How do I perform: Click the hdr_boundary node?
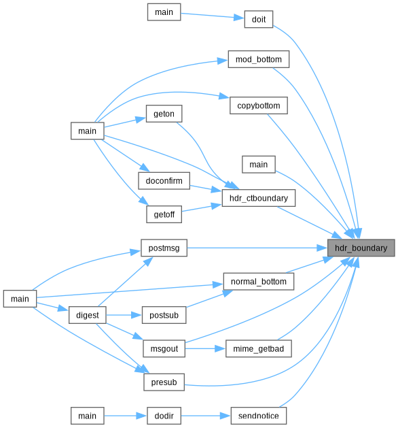point(361,248)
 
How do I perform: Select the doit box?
point(259,19)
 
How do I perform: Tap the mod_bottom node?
point(259,59)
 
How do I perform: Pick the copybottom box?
point(259,105)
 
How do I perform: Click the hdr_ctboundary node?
point(259,198)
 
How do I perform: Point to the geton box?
point(164,114)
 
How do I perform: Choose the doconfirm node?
point(164,181)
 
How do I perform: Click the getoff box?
point(164,214)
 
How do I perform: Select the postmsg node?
point(164,248)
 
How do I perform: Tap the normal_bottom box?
point(259,282)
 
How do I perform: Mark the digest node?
point(88,315)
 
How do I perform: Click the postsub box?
point(164,315)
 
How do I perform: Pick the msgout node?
point(164,348)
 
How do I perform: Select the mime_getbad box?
point(259,348)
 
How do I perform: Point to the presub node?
point(164,382)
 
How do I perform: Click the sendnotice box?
point(259,416)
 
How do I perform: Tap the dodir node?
point(164,416)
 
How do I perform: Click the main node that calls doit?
point(164,12)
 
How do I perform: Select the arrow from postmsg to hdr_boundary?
point(257,248)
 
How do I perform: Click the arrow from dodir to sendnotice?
point(206,416)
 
